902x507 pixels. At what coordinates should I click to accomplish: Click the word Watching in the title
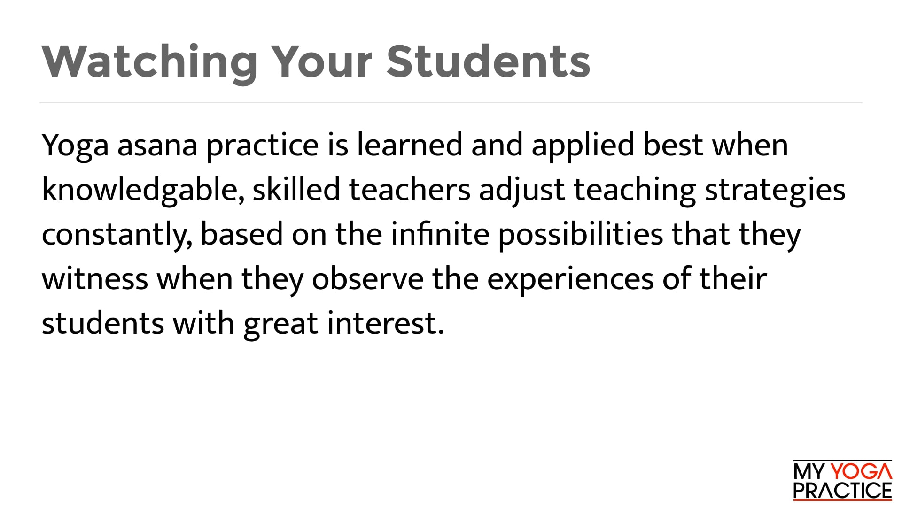coord(149,62)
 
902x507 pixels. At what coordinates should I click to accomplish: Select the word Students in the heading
coord(488,62)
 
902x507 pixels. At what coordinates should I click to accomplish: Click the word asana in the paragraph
coord(157,145)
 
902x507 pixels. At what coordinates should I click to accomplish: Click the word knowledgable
coord(142,190)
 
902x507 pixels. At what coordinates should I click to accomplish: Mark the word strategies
coord(775,191)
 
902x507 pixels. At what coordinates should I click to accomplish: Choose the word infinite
coord(440,234)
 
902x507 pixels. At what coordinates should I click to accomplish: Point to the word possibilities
coord(581,235)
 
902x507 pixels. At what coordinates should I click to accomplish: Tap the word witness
coord(95,279)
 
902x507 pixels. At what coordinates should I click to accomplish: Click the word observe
coord(367,279)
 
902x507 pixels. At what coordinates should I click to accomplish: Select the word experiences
coord(570,280)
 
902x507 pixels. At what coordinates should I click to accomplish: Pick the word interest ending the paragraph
coord(385,323)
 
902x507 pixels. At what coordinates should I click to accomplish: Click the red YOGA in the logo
coord(861,471)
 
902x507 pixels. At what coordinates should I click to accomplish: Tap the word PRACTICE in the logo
coord(842,491)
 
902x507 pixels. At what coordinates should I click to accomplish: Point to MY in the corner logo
coord(809,471)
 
